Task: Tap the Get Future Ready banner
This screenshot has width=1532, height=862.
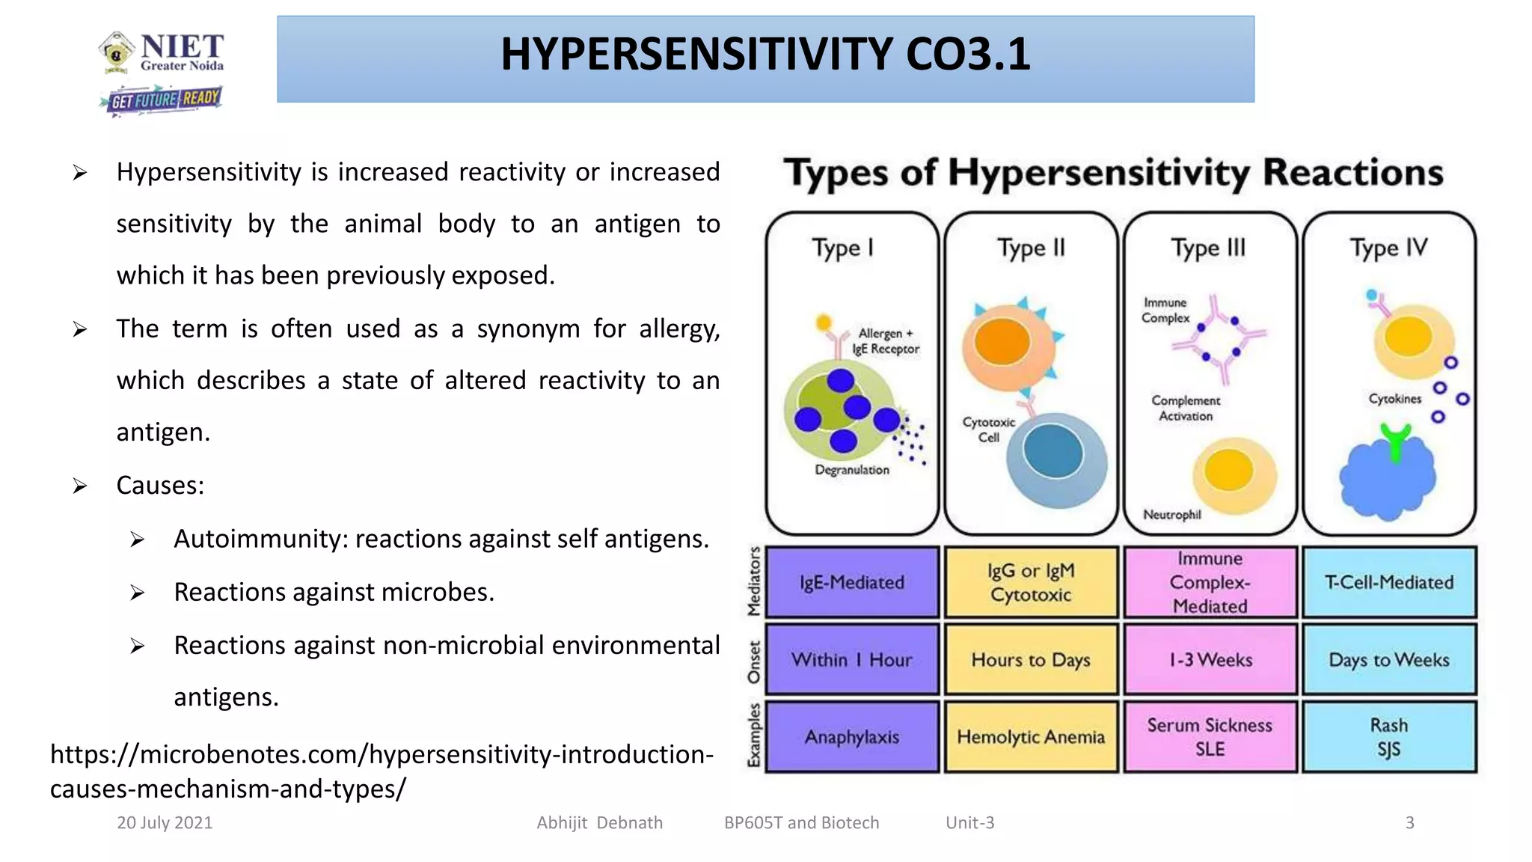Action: (x=162, y=100)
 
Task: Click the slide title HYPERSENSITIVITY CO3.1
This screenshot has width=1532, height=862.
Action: (x=765, y=55)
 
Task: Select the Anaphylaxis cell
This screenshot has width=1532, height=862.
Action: (x=852, y=737)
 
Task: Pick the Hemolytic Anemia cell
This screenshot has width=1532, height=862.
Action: (x=1031, y=737)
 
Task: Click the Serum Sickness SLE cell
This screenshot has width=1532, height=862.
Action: (x=1210, y=737)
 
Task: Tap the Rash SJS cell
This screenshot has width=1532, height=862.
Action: (x=1389, y=737)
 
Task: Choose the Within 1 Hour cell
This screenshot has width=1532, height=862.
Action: (x=852, y=660)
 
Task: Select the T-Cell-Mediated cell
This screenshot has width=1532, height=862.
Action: (x=1389, y=582)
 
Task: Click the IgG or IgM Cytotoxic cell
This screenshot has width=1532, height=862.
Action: (x=1031, y=582)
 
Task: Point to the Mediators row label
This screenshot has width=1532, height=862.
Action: (x=754, y=581)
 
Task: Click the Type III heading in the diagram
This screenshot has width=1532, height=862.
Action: (x=1209, y=248)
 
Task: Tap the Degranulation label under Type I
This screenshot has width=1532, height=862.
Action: (x=852, y=470)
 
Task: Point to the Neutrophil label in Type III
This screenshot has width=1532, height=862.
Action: (x=1172, y=515)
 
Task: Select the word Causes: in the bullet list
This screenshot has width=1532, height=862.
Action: (x=160, y=485)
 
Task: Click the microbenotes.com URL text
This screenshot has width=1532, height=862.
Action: (x=382, y=771)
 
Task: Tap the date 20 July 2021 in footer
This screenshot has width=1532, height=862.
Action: (x=165, y=822)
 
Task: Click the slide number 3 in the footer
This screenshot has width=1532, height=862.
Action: (x=1409, y=822)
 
